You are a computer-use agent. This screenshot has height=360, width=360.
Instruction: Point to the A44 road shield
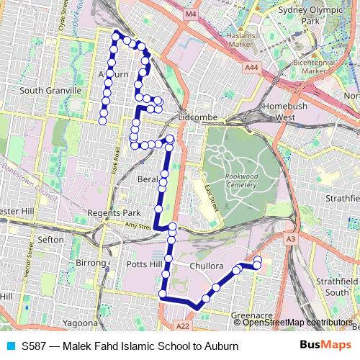pos(251,67)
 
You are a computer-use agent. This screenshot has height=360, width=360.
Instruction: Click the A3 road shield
pos(291,239)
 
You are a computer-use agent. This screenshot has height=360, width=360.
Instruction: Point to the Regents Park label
pos(114,213)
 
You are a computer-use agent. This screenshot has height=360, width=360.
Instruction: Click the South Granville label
pos(50,91)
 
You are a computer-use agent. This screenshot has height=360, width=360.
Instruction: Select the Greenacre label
pos(251,315)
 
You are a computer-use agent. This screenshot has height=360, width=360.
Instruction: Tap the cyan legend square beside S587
pos(10,346)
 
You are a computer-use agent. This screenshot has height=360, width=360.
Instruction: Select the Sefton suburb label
pos(50,238)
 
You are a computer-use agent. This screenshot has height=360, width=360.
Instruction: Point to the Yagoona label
pos(79,323)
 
